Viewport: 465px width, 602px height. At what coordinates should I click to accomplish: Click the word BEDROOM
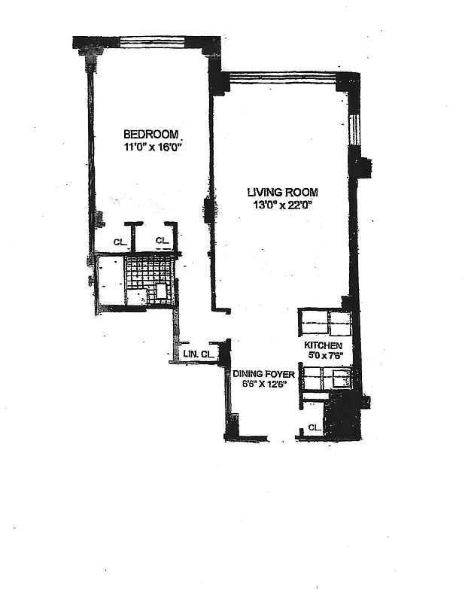(150, 135)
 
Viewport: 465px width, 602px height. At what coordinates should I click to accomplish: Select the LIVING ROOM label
(281, 191)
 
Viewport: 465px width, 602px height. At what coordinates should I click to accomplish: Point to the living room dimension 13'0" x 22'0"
(281, 204)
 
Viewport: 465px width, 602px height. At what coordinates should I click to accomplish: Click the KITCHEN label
(323, 345)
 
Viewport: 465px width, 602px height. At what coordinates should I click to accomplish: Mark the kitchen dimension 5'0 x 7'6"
(324, 356)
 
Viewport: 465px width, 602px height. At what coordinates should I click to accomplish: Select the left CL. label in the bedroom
(119, 242)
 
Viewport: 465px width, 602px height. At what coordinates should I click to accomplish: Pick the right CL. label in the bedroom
(163, 241)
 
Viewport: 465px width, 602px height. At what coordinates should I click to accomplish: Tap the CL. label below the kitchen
(314, 428)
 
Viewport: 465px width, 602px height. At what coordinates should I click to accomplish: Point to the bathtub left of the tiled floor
(110, 280)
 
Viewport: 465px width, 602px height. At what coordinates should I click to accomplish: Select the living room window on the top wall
(282, 76)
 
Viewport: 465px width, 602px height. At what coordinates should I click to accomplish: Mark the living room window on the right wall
(354, 128)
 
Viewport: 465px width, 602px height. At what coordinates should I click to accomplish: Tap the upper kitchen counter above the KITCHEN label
(325, 323)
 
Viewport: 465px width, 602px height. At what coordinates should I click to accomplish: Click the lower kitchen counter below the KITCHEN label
(326, 379)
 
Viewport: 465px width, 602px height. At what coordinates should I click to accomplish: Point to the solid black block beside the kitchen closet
(342, 418)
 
